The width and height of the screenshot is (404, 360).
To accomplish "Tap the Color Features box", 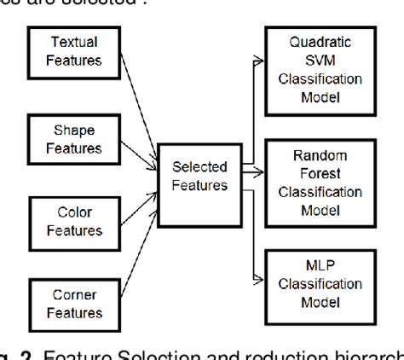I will coord(73,221).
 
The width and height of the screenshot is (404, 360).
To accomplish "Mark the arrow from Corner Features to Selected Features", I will coord(136,247).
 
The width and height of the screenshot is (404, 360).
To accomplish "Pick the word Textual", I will coord(73,42).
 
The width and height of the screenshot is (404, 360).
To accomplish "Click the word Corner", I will coord(73,293).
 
